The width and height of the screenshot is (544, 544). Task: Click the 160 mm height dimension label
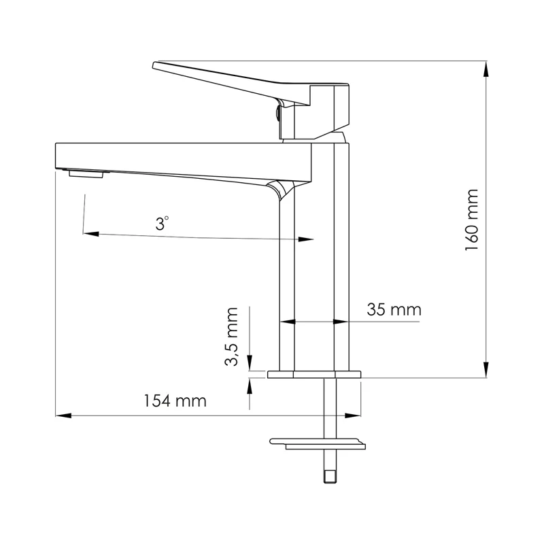pyautogui.click(x=471, y=220)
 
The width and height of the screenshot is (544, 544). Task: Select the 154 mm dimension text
pyautogui.click(x=174, y=401)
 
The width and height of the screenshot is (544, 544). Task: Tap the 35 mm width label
pyautogui.click(x=394, y=310)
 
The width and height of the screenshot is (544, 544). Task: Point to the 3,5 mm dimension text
pyautogui.click(x=232, y=337)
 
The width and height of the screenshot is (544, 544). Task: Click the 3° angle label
pyautogui.click(x=161, y=222)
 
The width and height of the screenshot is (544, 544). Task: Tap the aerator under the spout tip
pyautogui.click(x=86, y=174)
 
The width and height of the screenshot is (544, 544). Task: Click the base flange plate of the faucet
pyautogui.click(x=315, y=374)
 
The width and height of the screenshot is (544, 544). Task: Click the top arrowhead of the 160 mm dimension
pyautogui.click(x=487, y=68)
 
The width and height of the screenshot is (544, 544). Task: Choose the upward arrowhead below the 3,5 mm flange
pyautogui.click(x=250, y=385)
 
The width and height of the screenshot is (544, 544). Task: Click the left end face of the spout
pyautogui.click(x=56, y=155)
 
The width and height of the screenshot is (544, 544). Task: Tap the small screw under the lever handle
pyautogui.click(x=278, y=110)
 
